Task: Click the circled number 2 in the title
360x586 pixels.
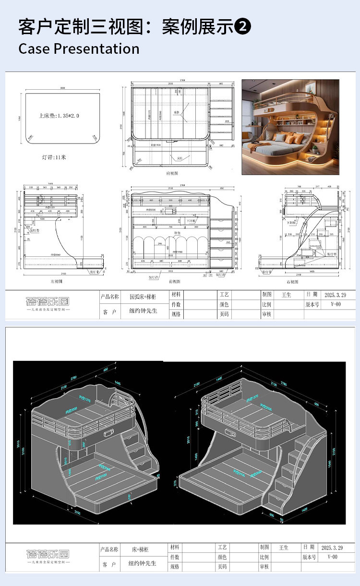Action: [x=243, y=27]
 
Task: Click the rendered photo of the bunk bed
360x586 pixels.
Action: [x=290, y=127]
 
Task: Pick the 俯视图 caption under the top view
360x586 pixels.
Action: [x=172, y=173]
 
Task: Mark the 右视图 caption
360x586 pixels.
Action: [x=301, y=281]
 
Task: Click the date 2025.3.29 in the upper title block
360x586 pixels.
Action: [x=335, y=295]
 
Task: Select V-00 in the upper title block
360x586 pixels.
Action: [x=335, y=305]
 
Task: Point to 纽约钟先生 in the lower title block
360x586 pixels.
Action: [x=143, y=563]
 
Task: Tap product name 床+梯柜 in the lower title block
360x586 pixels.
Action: [x=141, y=549]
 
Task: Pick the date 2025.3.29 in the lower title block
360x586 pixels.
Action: [x=332, y=548]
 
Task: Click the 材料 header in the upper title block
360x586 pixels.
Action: [x=175, y=294]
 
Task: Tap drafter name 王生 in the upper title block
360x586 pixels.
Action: [x=286, y=295]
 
